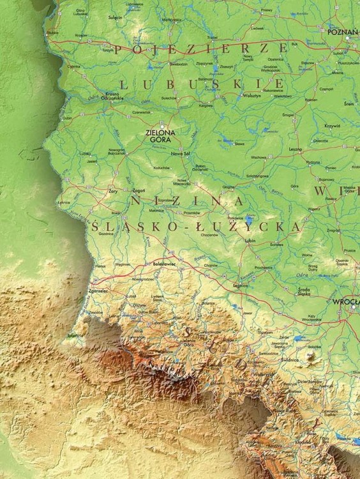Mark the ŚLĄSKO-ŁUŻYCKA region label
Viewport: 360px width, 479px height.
pyautogui.click(x=195, y=226)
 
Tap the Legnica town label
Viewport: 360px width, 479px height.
pyautogui.click(x=240, y=285)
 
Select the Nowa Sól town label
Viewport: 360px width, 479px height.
pyautogui.click(x=179, y=153)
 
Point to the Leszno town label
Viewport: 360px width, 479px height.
pyautogui.click(x=295, y=149)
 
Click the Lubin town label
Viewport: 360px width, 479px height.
pyautogui.click(x=251, y=240)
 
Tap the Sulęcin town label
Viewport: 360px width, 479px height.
pyautogui.click(x=116, y=18)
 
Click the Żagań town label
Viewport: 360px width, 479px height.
pyautogui.click(x=139, y=190)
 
